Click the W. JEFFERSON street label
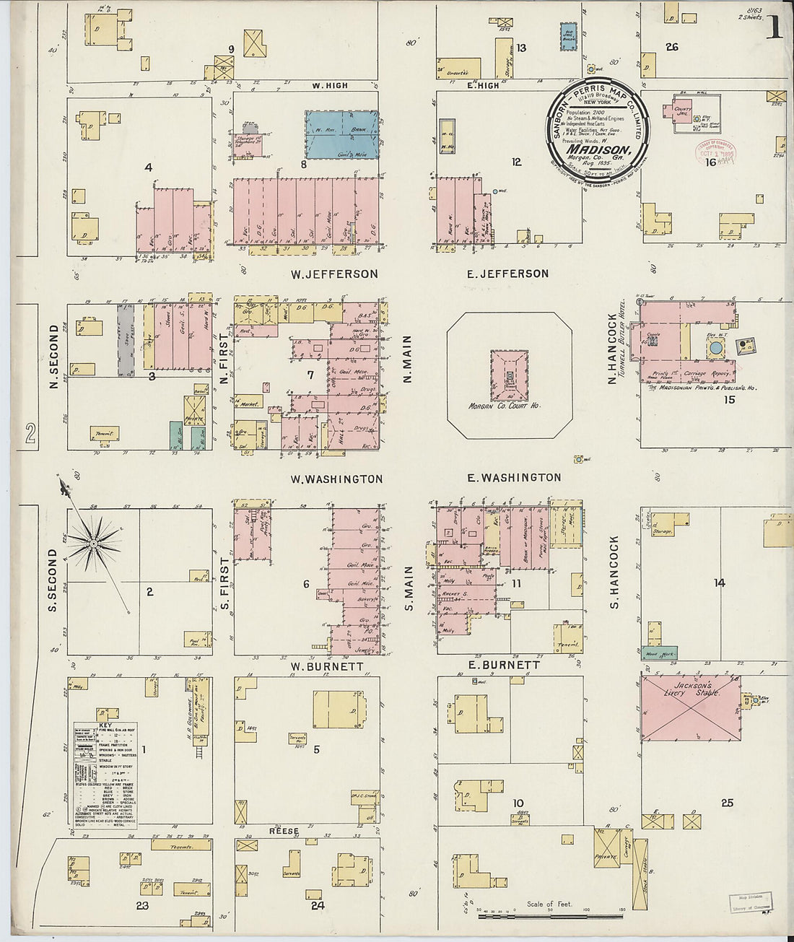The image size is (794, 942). coord(334,274)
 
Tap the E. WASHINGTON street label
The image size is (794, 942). coord(514,477)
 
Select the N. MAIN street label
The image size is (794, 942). coord(407,359)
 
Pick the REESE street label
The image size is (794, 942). coord(284,831)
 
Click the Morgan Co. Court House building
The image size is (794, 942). coord(509,377)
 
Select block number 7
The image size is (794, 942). coord(310,375)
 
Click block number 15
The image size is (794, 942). coord(729,399)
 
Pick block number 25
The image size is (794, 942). coord(727,803)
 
